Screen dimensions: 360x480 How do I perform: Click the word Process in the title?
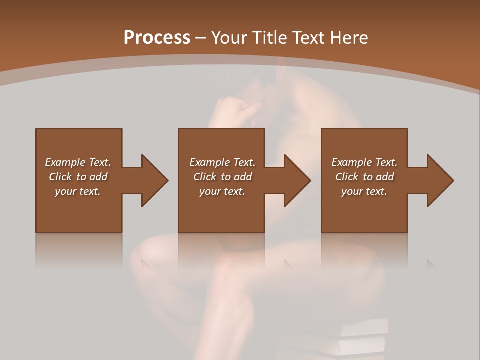click(x=157, y=38)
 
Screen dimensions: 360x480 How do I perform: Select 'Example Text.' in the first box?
click(x=78, y=162)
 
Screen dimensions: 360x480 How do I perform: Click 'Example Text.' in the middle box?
click(x=222, y=162)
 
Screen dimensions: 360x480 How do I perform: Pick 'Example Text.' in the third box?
click(x=364, y=162)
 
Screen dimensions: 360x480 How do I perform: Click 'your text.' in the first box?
click(x=78, y=191)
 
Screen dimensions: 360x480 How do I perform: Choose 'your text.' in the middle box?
click(x=222, y=191)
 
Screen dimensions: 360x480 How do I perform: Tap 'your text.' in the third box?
click(x=364, y=191)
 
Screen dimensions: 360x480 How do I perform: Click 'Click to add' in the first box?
click(x=78, y=177)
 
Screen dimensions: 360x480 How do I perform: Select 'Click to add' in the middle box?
click(x=222, y=177)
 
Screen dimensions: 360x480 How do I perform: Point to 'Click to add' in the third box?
click(x=364, y=177)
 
